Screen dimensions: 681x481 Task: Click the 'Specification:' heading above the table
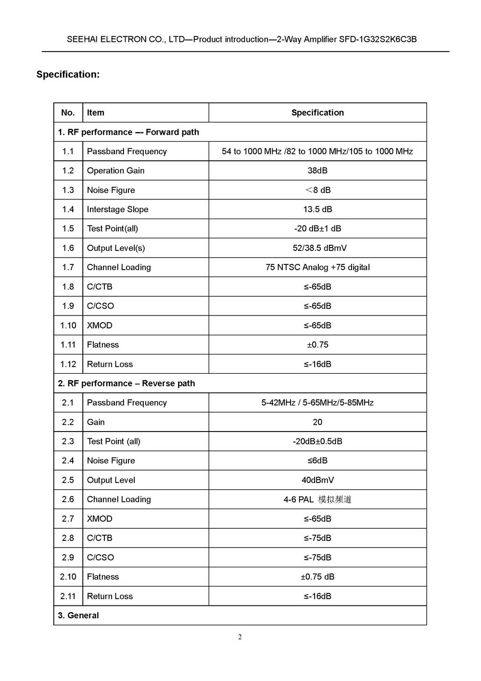pyautogui.click(x=68, y=74)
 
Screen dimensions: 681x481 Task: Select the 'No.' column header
pyautogui.click(x=68, y=113)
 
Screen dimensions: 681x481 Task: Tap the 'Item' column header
pyautogui.click(x=95, y=113)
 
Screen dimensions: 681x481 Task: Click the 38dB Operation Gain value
pyautogui.click(x=317, y=170)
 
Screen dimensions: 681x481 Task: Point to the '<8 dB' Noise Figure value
pyautogui.click(x=317, y=190)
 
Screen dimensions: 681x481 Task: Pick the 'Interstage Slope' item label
pyautogui.click(x=117, y=209)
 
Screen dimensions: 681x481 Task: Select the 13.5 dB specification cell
pyautogui.click(x=317, y=209)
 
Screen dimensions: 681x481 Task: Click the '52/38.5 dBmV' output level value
pyautogui.click(x=319, y=248)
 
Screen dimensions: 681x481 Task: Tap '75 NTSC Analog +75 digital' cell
pyautogui.click(x=317, y=267)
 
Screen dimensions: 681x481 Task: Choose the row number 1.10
pyautogui.click(x=68, y=326)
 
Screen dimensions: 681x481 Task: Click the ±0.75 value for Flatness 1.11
pyautogui.click(x=317, y=345)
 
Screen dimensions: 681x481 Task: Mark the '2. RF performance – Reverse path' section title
pyautogui.click(x=127, y=383)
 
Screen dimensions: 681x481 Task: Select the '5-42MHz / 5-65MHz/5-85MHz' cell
pyautogui.click(x=317, y=403)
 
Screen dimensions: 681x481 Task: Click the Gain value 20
pyautogui.click(x=317, y=422)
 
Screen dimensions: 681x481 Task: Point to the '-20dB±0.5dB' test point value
pyautogui.click(x=317, y=441)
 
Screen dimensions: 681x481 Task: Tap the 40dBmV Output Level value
pyautogui.click(x=317, y=480)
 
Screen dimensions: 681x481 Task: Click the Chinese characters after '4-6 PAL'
pyautogui.click(x=335, y=499)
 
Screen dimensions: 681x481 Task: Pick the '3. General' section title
pyautogui.click(x=78, y=616)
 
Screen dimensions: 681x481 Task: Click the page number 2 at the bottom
pyautogui.click(x=240, y=637)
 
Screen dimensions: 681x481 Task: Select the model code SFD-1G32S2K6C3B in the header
pyautogui.click(x=378, y=39)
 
